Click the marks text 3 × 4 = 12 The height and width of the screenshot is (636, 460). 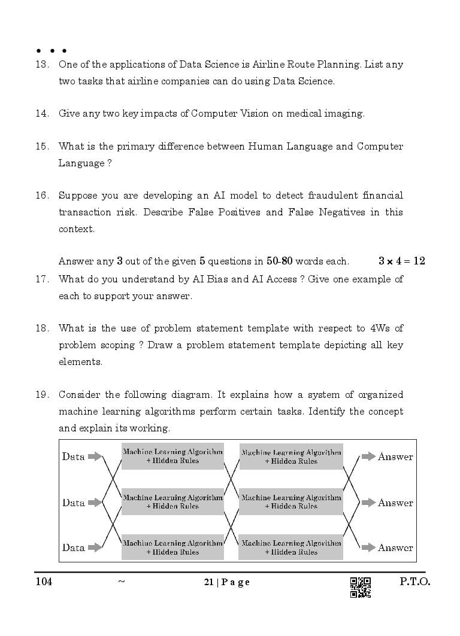401,261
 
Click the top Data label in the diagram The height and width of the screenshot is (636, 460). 73,457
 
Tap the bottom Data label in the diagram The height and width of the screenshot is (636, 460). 73,547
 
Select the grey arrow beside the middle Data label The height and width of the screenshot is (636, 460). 95,503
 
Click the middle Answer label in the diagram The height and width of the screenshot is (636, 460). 395,503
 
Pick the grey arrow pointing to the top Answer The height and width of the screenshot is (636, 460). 368,457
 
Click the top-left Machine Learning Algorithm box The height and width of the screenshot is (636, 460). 172,456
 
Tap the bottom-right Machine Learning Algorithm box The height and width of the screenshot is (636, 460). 290,547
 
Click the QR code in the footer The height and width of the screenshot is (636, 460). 360,587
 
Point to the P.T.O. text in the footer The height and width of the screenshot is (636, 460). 414,582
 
